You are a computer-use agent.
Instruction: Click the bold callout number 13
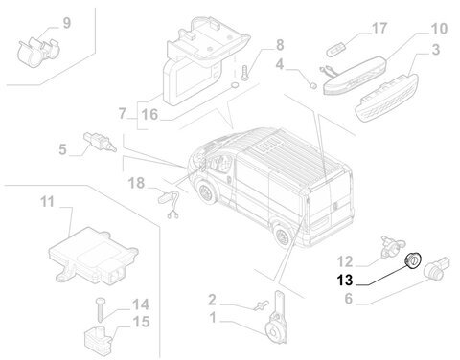(345, 281)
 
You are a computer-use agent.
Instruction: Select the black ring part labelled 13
(413, 260)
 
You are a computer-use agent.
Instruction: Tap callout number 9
(67, 23)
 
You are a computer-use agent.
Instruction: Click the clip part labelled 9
(38, 52)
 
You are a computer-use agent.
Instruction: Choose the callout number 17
(379, 28)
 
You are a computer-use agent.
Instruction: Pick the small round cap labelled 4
(313, 85)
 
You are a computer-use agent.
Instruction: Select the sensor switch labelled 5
(100, 142)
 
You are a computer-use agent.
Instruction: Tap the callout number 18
(136, 183)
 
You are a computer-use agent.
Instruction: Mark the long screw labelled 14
(101, 309)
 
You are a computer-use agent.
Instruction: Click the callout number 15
(141, 322)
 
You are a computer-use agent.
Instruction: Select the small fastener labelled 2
(261, 305)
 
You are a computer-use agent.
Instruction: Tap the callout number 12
(345, 261)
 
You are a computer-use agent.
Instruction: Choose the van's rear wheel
(283, 236)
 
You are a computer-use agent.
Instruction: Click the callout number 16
(149, 114)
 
